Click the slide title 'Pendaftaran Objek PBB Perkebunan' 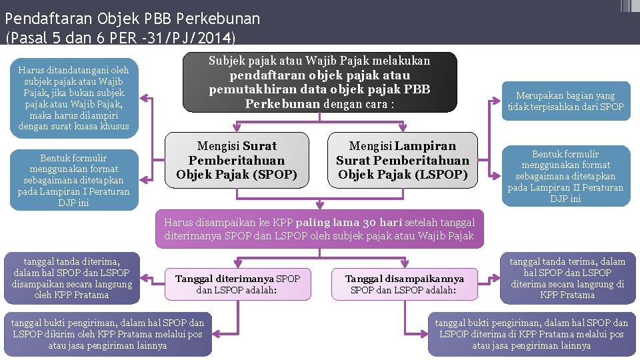click(132, 18)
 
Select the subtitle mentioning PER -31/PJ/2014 click(120, 37)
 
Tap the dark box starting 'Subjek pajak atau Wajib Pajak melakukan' click(319, 82)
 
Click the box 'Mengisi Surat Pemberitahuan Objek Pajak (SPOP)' click(237, 160)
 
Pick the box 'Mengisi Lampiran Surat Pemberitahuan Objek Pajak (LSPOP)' click(402, 160)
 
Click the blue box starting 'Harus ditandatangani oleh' click(74, 98)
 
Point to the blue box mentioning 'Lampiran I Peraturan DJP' click(74, 180)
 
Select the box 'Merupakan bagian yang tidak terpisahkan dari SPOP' click(565, 101)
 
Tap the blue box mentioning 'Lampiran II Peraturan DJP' click(565, 176)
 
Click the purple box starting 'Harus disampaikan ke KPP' click(319, 229)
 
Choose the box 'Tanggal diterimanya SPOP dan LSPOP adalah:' click(237, 284)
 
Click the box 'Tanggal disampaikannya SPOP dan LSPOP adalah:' click(404, 284)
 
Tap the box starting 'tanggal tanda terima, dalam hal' click(567, 277)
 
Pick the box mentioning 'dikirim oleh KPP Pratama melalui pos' click(108, 334)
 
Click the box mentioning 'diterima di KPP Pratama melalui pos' click(531, 334)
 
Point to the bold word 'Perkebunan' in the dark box click(282, 104)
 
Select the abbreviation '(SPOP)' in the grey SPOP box click(273, 175)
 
